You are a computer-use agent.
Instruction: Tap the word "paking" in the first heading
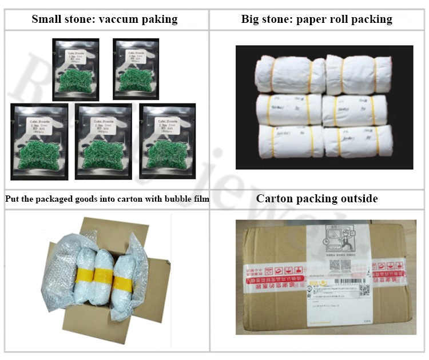(161, 19)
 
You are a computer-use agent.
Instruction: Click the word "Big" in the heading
(250, 19)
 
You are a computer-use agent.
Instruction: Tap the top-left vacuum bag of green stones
(76, 66)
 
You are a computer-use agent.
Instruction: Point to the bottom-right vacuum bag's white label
(162, 125)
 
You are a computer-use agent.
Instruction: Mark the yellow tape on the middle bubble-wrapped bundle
(102, 277)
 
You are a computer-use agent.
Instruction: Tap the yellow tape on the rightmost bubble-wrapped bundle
(124, 283)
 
